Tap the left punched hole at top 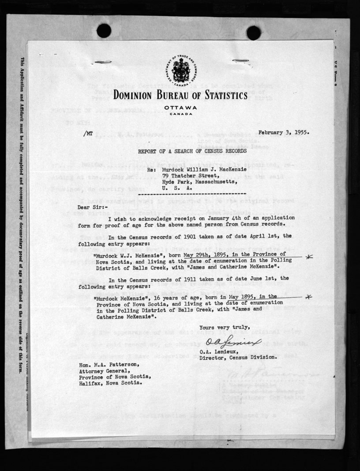click(104, 31)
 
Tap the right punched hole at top click(253, 32)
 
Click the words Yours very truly click(224, 327)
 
